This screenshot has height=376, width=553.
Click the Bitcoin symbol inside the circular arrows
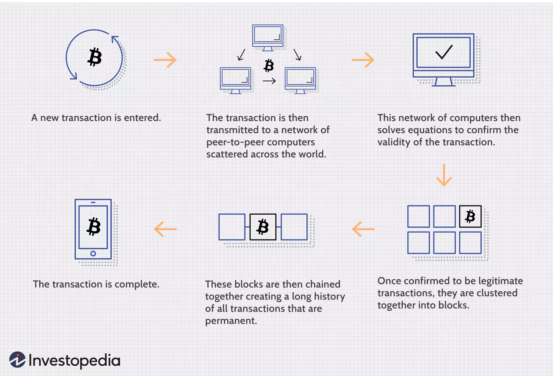94,57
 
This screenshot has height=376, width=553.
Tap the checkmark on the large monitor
444,52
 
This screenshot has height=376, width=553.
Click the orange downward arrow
444,175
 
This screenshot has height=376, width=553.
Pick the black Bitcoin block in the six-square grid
470,216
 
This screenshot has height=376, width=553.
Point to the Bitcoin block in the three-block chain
263,227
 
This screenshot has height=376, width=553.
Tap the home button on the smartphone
93,253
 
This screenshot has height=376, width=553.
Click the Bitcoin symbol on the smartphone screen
94,226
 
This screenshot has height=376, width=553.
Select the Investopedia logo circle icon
17,360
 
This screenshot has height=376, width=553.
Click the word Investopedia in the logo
74,361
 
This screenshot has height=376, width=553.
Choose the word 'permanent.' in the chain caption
231,321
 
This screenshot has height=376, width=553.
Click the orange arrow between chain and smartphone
165,229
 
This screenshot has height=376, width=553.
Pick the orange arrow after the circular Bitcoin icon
165,60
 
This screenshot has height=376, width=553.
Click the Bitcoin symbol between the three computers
269,66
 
